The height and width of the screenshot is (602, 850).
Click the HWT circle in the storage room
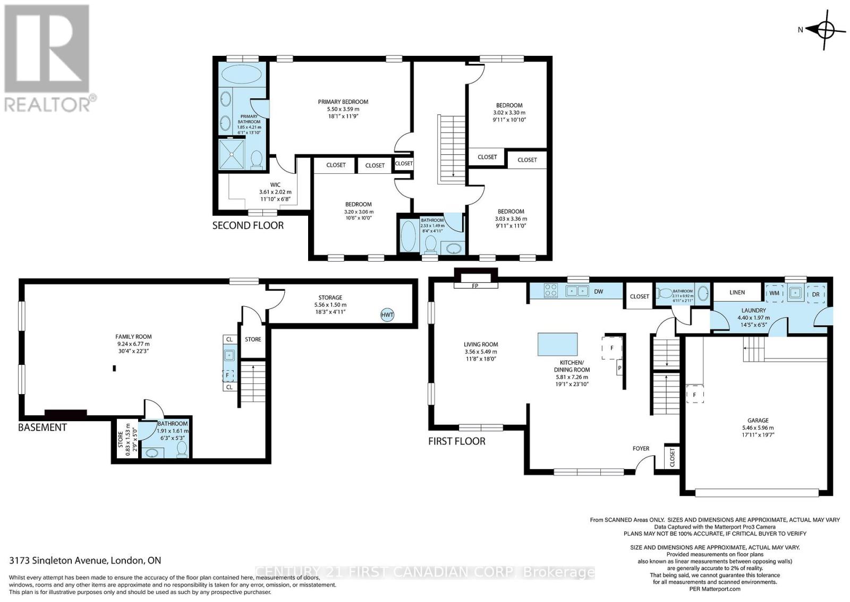click(387, 315)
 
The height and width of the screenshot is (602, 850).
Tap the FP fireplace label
click(475, 285)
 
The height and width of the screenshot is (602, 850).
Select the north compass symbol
click(824, 30)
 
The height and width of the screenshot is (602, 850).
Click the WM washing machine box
click(774, 293)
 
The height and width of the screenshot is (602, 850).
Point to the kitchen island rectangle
click(557, 344)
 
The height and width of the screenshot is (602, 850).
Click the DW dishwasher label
click(598, 291)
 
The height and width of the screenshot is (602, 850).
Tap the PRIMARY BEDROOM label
click(343, 102)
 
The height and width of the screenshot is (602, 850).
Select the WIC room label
click(275, 185)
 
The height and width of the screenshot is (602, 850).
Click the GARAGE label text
click(758, 420)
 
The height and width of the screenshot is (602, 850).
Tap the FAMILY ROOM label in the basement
click(133, 337)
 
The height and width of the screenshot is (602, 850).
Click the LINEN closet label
click(737, 292)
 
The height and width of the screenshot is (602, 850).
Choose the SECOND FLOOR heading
click(248, 225)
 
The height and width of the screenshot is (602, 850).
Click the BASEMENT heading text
click(42, 428)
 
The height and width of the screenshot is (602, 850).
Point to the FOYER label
click(641, 448)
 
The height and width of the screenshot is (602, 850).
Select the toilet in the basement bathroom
click(182, 450)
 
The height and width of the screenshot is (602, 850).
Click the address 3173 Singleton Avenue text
click(85, 561)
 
